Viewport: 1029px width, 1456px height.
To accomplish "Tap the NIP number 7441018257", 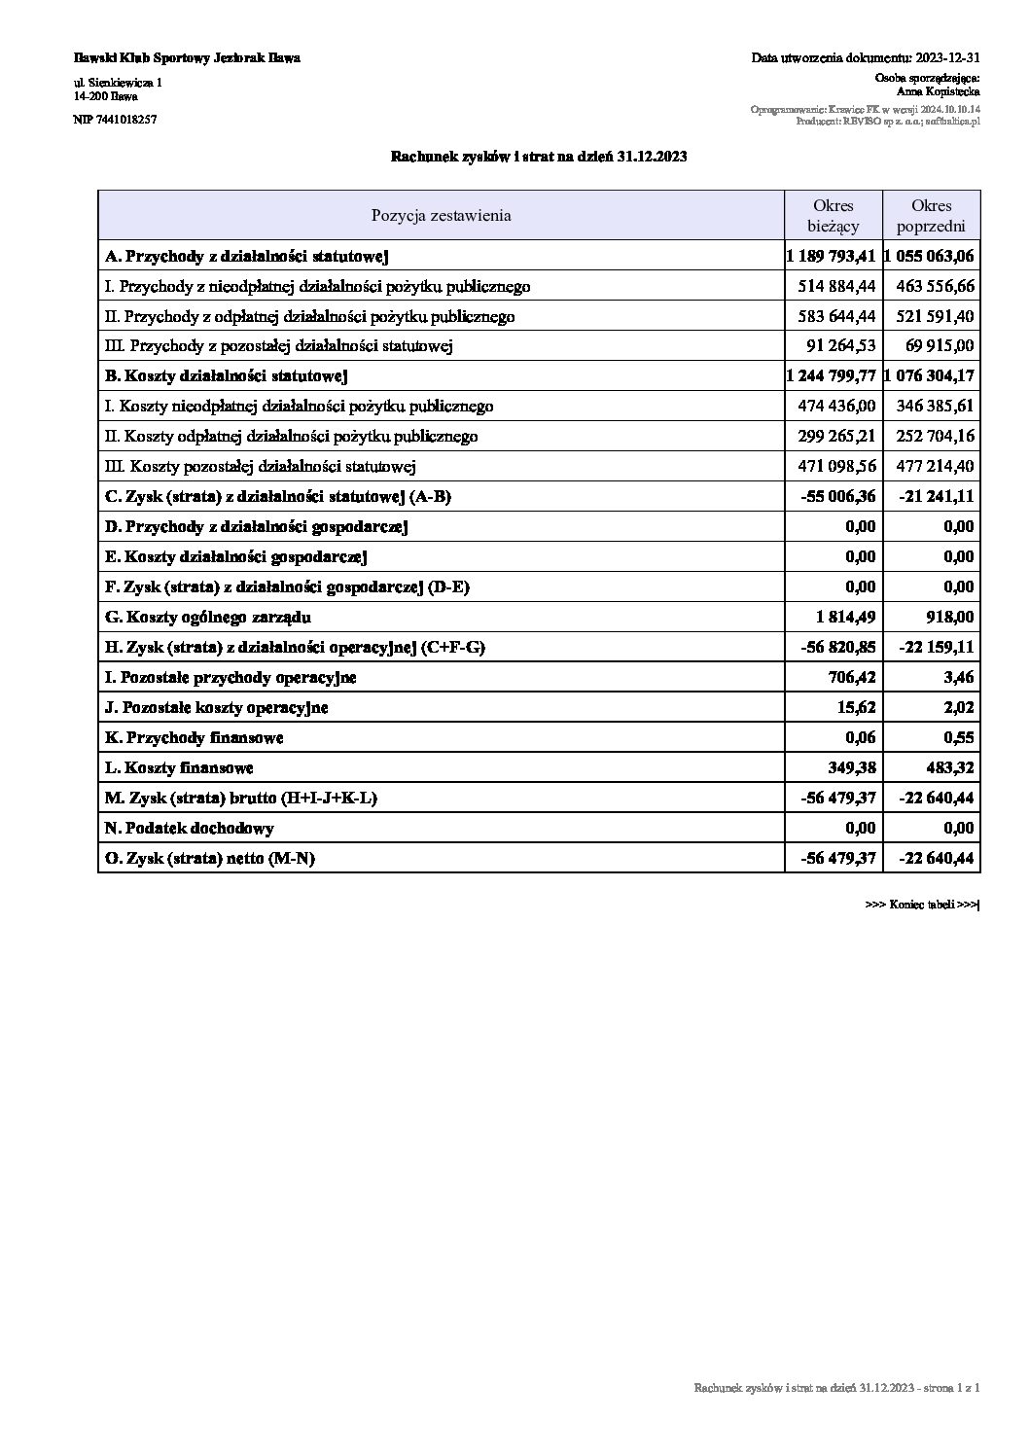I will [115, 120].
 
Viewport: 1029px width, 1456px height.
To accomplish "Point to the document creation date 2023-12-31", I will [947, 58].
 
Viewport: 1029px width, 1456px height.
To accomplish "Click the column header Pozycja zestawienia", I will [441, 216].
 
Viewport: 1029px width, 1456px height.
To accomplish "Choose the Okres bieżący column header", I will [834, 216].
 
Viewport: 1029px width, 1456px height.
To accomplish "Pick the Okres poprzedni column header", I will [931, 216].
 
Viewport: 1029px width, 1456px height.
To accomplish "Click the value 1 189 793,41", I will [832, 257].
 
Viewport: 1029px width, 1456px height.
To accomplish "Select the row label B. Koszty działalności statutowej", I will [227, 376].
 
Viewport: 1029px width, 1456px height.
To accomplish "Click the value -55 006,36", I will [837, 497].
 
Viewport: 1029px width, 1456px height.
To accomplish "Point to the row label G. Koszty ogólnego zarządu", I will [208, 618].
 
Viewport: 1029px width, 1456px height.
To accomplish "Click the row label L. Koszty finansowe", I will [179, 768].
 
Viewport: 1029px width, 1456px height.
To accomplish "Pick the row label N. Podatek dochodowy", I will [190, 829].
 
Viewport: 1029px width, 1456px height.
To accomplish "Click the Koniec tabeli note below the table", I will [921, 905].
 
